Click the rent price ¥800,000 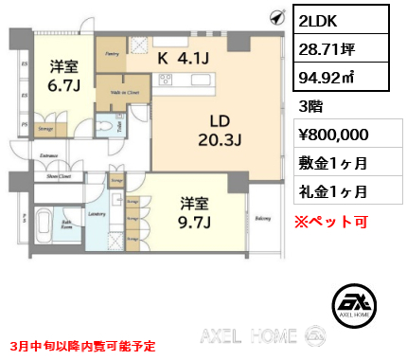[342, 135]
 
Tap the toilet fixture [115, 128]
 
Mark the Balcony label [262, 217]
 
